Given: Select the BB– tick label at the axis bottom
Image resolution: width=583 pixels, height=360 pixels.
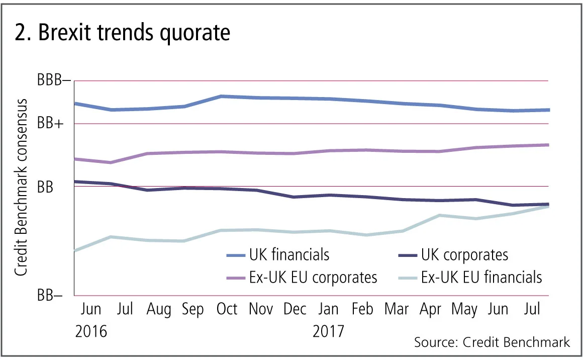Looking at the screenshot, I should point(50,296).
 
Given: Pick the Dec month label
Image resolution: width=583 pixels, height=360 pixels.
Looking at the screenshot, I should point(295,309).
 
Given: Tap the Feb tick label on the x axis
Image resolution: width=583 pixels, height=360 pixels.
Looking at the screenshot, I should point(362,309).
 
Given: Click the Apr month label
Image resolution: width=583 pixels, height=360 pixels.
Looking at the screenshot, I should point(430,309).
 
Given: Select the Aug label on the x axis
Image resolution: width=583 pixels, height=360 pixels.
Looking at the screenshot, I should point(158,309).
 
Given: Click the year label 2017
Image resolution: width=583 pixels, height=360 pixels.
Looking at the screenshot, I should point(329,332).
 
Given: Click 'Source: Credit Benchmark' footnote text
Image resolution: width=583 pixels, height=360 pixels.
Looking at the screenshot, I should point(492,342).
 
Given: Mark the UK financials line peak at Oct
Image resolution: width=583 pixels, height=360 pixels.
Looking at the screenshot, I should point(221,96).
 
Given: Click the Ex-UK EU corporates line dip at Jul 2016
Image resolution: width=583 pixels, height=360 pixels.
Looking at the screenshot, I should point(111,162).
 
